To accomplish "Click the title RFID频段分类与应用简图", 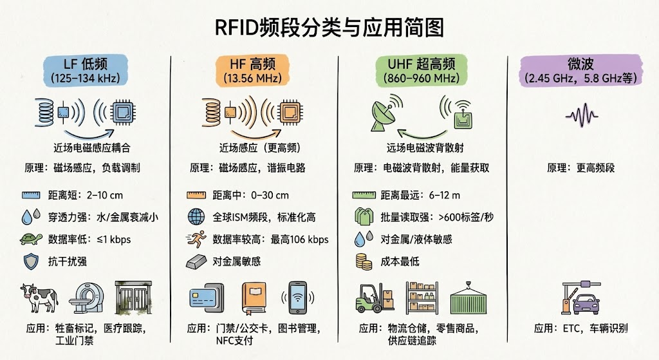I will (x=329, y=28).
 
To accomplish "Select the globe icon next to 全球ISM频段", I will (x=196, y=217).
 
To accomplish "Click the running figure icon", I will (x=196, y=240).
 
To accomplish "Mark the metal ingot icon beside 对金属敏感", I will (x=196, y=261).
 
